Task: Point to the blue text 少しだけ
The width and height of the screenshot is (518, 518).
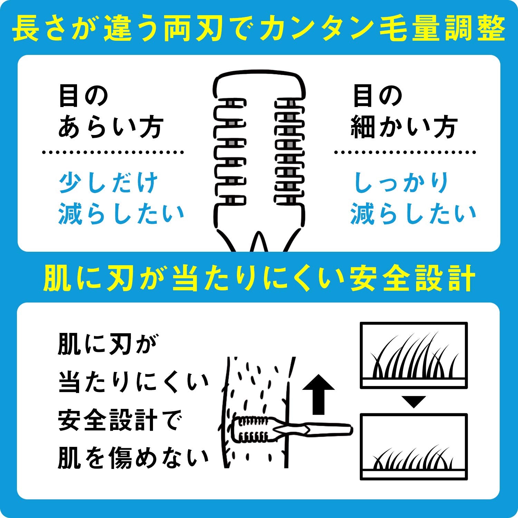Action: (x=108, y=183)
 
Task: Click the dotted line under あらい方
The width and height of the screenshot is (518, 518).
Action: (x=113, y=152)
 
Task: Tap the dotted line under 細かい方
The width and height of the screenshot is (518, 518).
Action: (x=405, y=152)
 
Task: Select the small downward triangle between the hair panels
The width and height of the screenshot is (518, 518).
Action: (x=414, y=402)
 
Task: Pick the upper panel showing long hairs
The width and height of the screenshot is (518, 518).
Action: (x=414, y=355)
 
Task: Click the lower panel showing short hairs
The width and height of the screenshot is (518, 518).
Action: (x=414, y=447)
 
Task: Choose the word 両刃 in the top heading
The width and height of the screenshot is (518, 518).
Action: (x=192, y=29)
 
